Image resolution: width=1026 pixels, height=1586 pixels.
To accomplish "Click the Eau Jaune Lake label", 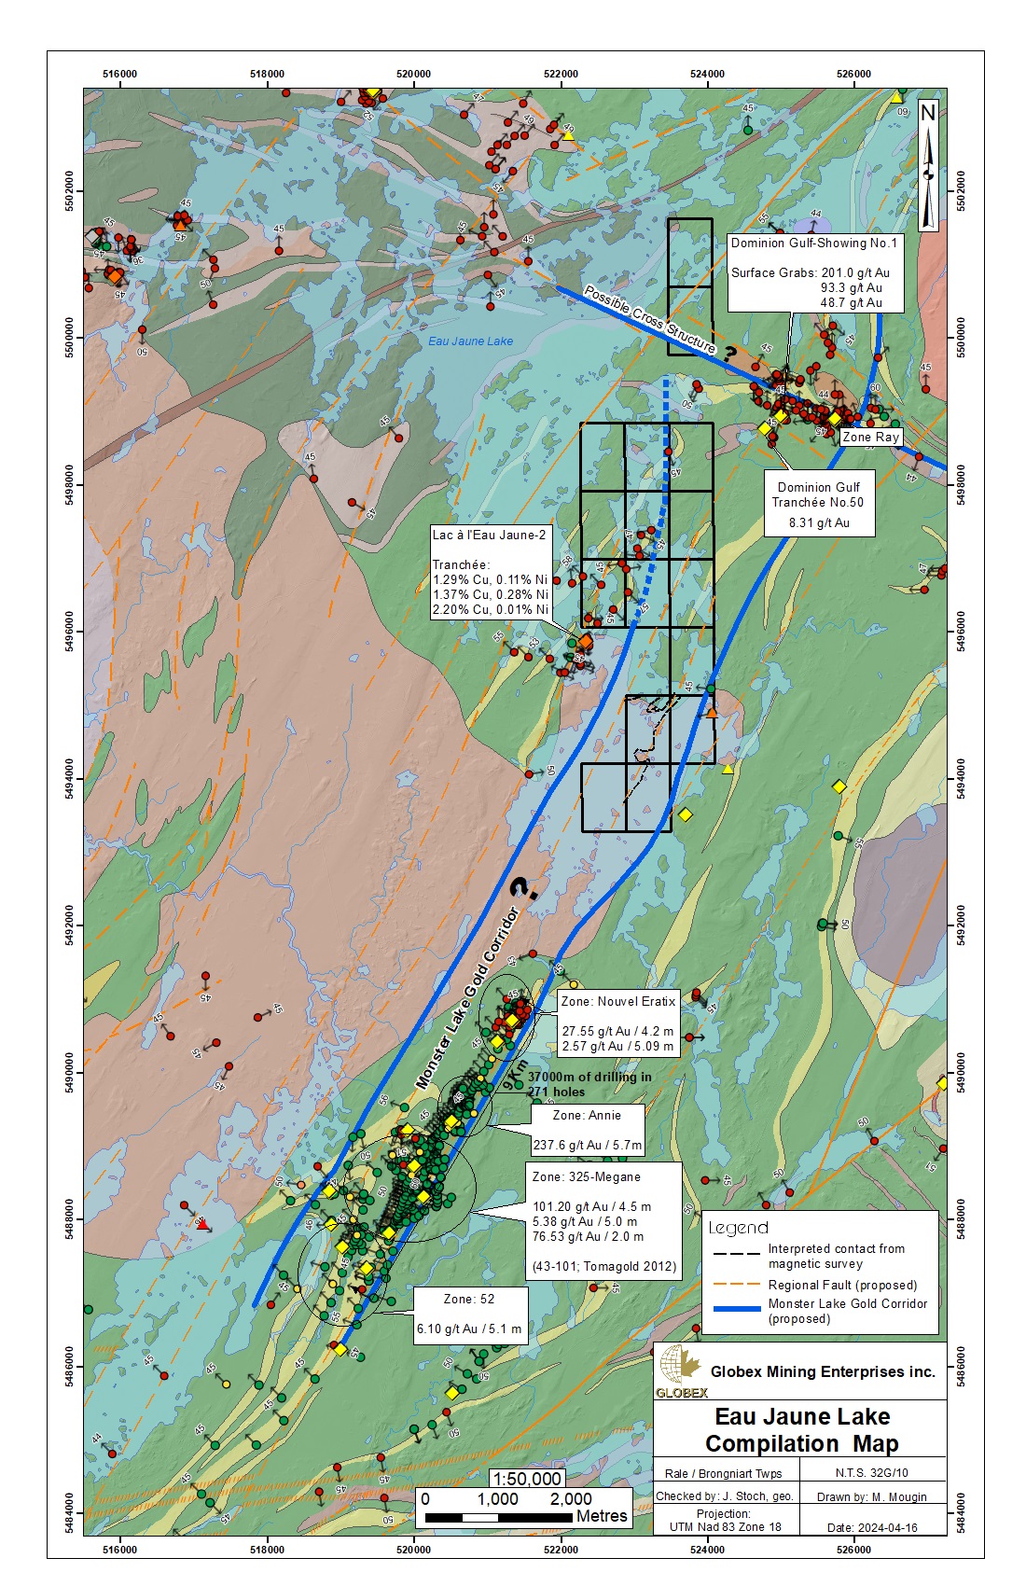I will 470,341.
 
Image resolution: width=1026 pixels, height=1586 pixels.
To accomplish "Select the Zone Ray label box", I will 870,437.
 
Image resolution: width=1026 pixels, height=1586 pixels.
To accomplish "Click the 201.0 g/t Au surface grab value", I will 855,273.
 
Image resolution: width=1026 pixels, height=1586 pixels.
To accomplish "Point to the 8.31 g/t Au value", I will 819,522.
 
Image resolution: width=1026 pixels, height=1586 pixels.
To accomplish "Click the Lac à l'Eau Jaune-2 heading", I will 489,535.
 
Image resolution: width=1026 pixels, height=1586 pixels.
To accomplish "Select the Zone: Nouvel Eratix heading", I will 617,1001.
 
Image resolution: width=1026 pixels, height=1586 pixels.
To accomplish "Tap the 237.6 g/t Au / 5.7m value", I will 587,1145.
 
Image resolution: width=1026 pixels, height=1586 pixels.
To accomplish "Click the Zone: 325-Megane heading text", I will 586,1176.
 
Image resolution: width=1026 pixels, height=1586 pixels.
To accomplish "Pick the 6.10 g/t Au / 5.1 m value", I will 468,1329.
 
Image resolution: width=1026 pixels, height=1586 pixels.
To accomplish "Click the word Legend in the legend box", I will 738,1228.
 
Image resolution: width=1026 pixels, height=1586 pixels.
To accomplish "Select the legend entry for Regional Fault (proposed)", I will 842,1285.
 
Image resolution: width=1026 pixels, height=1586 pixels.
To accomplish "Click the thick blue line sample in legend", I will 736,1309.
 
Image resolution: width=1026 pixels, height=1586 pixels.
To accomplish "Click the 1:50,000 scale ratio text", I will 527,1479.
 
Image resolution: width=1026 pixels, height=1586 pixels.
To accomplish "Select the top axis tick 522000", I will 561,74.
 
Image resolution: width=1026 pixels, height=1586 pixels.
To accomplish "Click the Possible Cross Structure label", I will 649,320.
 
